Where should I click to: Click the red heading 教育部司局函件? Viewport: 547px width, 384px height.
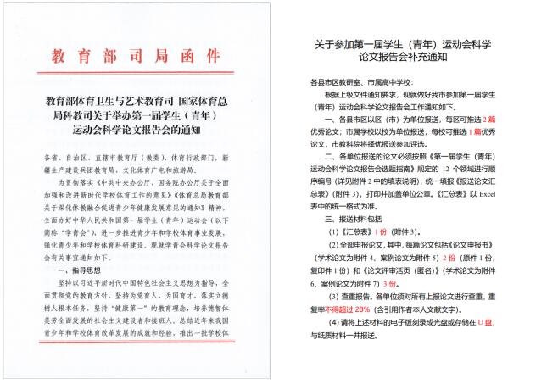tap(137, 57)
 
